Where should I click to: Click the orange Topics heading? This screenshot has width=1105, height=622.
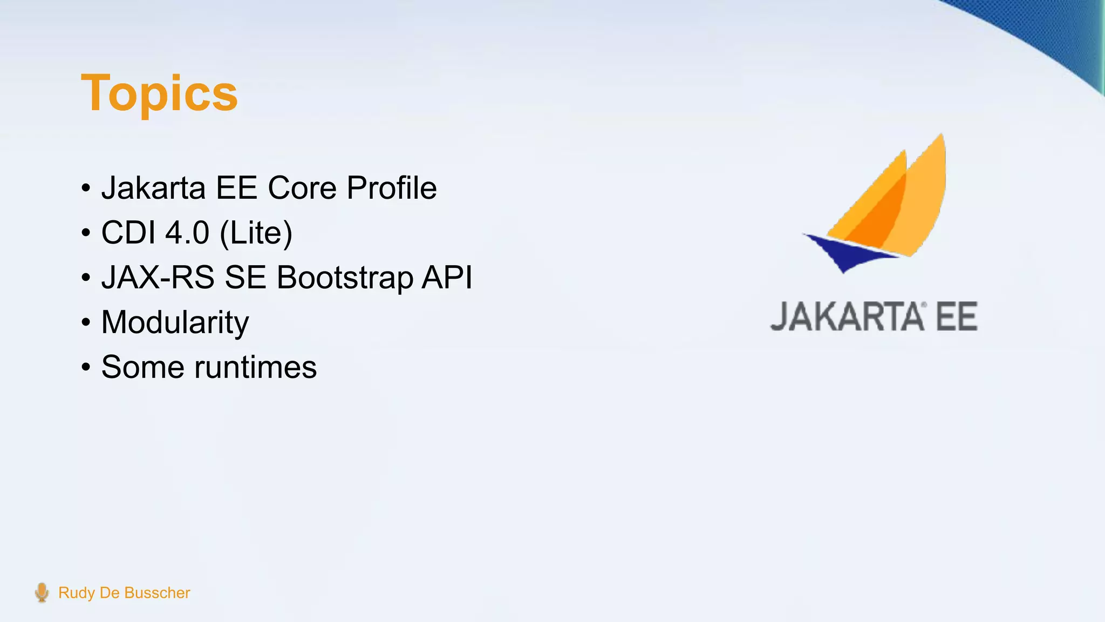coord(159,93)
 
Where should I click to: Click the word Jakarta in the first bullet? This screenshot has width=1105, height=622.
coord(153,188)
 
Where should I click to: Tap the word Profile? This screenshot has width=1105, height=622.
coord(391,188)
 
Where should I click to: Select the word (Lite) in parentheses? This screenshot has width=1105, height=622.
coord(256,233)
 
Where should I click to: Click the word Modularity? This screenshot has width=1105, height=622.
coord(175,323)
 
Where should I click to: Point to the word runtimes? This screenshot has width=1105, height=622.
coord(255,367)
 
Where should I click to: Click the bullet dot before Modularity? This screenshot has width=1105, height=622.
coord(86,323)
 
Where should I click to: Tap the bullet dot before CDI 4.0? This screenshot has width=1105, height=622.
coord(86,233)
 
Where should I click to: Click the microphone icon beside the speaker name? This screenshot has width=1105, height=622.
coord(42,592)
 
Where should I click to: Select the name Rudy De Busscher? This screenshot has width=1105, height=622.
coord(124,593)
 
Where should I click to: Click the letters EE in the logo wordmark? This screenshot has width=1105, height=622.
coord(956,317)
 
